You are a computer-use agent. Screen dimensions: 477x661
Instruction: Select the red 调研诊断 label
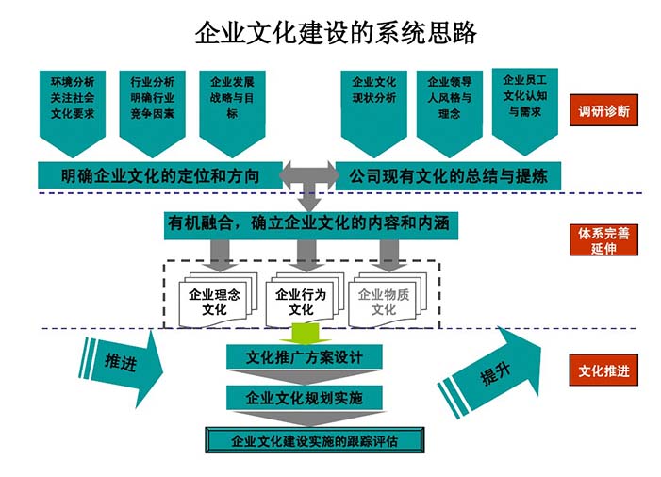(x=603, y=111)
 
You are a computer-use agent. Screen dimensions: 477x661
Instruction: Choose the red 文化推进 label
(x=603, y=370)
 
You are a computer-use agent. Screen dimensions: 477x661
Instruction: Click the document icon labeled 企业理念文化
(x=213, y=302)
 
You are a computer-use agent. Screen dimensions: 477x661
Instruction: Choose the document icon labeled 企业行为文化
(x=300, y=302)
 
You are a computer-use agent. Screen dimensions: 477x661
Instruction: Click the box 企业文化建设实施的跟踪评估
(x=314, y=439)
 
